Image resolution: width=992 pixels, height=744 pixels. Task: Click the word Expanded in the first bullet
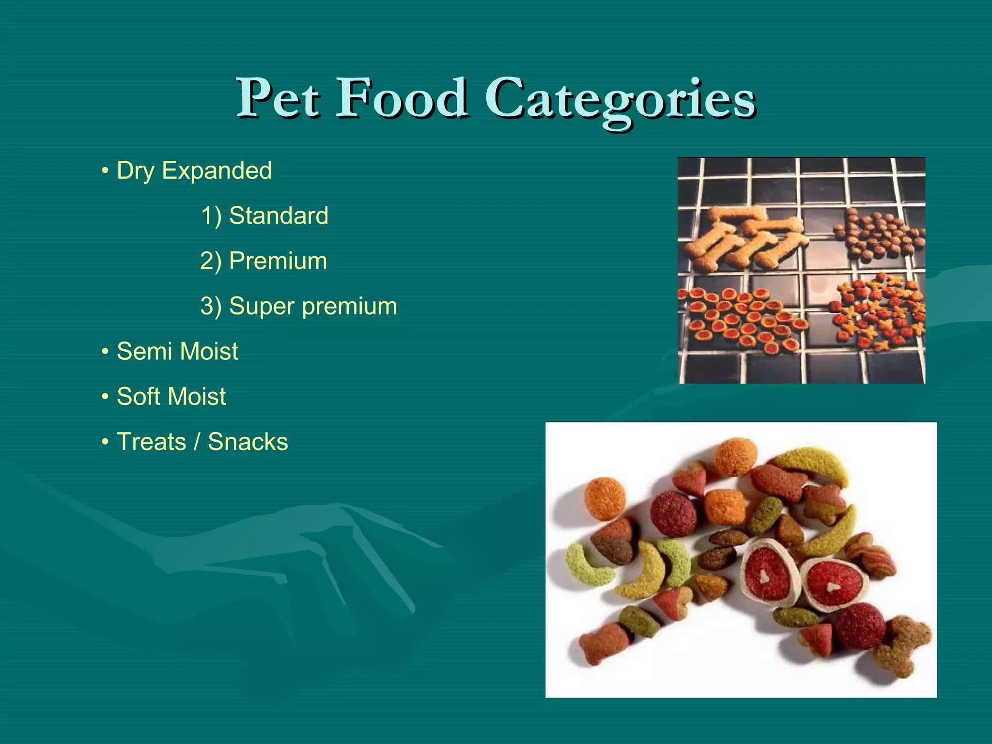click(217, 170)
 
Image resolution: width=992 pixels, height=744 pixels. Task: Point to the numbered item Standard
click(279, 216)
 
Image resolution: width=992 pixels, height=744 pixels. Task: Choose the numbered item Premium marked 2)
click(278, 261)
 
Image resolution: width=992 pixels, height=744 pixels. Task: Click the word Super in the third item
click(262, 306)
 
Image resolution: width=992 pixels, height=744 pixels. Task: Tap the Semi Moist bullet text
click(177, 351)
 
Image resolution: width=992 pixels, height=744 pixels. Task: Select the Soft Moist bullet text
click(171, 396)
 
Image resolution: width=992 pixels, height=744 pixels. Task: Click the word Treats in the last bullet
click(151, 442)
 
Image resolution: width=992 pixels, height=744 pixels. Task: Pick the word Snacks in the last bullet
click(248, 442)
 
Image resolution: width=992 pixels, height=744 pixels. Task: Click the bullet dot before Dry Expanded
click(105, 171)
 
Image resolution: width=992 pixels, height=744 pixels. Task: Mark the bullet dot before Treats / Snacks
click(105, 442)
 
